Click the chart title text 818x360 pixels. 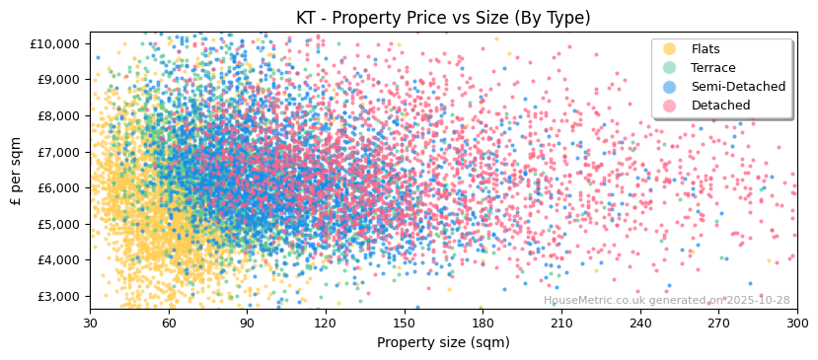[443, 18]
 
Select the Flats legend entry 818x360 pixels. [706, 49]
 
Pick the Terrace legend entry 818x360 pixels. [712, 68]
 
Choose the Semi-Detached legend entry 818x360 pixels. [738, 87]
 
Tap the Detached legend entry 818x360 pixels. [720, 106]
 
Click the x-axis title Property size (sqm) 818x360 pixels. [443, 343]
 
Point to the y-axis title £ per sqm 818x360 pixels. [17, 170]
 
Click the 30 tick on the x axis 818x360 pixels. [90, 323]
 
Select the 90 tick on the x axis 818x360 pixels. [247, 323]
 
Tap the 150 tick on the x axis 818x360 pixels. [405, 323]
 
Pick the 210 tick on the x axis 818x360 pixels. [561, 323]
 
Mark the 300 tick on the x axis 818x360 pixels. [797, 323]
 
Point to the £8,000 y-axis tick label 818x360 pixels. [58, 115]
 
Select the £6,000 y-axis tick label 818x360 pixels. [58, 187]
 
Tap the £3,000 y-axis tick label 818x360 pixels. [58, 296]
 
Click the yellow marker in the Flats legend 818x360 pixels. [670, 49]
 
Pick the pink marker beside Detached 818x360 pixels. [670, 106]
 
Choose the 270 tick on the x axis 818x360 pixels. [718, 323]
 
